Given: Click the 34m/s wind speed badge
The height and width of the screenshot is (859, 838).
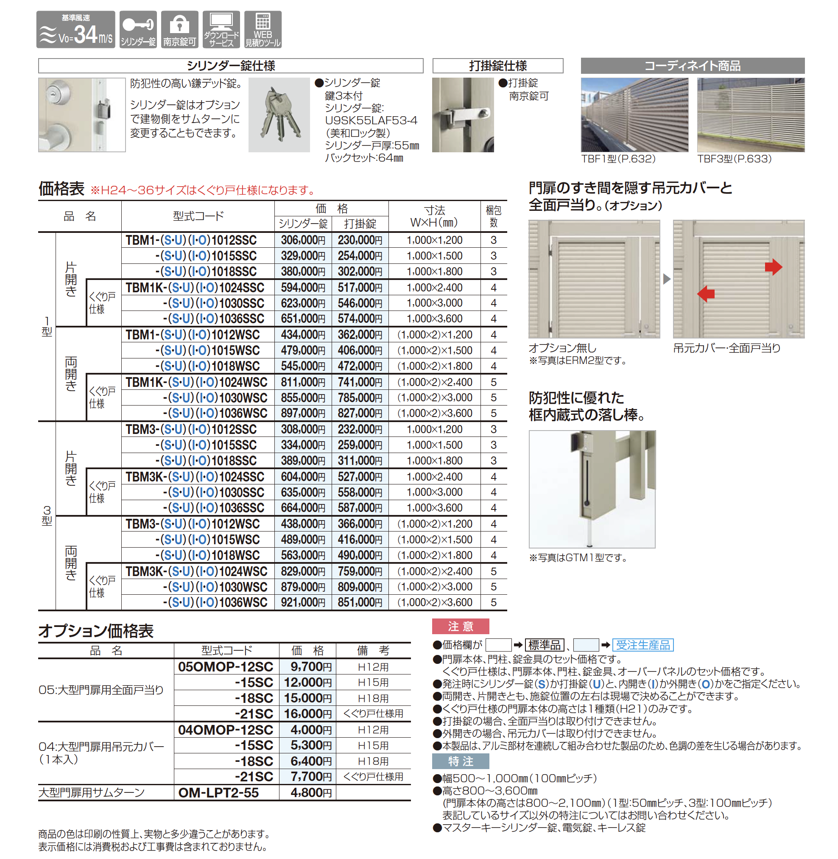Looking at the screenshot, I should coord(76,30).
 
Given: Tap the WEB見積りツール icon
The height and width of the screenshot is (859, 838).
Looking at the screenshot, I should coord(263,30).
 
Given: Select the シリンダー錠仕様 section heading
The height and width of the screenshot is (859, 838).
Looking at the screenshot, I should coord(231,66).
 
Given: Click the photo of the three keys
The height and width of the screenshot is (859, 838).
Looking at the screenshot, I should coord(279,115).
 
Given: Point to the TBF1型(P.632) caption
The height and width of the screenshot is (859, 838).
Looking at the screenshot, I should coord(618,159).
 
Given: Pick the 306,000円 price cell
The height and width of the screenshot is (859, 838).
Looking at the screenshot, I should coord(303,241).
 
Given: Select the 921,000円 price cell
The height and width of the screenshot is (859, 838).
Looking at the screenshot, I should coord(303,602).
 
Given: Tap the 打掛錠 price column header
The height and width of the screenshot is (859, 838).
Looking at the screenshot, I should coord(360,224).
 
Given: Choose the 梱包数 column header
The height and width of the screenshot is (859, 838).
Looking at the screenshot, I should coord(493,216).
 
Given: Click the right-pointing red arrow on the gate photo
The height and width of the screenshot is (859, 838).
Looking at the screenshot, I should coord(773,267).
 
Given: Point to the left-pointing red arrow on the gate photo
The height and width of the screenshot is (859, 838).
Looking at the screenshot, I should coord(706,293).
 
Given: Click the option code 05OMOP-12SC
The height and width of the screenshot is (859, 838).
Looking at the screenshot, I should coord(225,666).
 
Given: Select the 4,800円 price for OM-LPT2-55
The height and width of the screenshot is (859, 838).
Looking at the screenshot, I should coord(311,792).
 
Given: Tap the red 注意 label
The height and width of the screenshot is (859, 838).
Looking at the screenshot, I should coord(461,626).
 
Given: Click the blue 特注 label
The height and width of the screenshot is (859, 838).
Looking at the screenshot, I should coord(461,761).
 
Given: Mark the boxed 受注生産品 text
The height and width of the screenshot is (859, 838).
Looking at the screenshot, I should coord(642,645).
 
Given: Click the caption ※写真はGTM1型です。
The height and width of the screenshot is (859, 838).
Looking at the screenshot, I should coord(578,558).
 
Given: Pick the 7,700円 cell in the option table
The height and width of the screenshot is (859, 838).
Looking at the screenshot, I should coord(311,777).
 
